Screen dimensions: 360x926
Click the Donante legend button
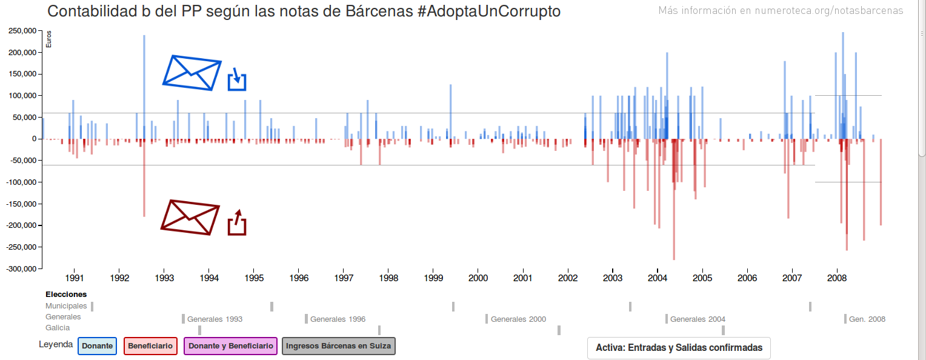(x=97, y=346)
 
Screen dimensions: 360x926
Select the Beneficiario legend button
(x=150, y=346)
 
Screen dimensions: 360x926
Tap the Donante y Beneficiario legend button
(x=230, y=346)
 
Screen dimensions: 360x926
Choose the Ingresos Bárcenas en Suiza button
(x=339, y=346)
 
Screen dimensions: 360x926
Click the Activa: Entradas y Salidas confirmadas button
(x=679, y=348)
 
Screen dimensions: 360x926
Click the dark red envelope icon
(x=190, y=216)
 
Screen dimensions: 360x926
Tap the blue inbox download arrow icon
(x=237, y=79)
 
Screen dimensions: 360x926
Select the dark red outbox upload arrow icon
(x=237, y=222)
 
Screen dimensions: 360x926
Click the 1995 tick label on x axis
(x=254, y=278)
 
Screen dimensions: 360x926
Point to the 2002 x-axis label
(x=568, y=278)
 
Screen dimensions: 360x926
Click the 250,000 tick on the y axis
(x=21, y=31)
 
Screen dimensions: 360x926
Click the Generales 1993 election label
(x=215, y=319)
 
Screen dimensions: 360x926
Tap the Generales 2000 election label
(x=518, y=319)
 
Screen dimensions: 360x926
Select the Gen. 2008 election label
(x=867, y=319)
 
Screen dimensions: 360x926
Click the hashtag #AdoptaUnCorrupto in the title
(x=489, y=12)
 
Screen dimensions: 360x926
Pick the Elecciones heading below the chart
(x=66, y=295)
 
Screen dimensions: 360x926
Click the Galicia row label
(x=58, y=328)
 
